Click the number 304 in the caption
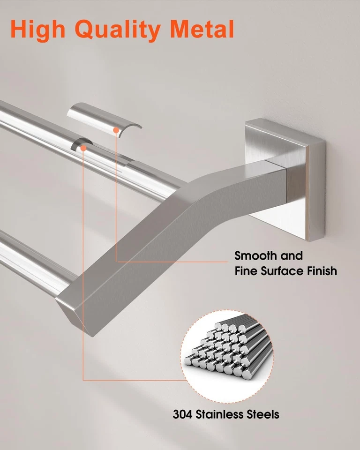pyautogui.click(x=183, y=414)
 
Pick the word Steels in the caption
pyautogui.click(x=263, y=414)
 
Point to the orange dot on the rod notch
pyautogui.click(x=83, y=148)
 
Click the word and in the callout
pyautogui.click(x=292, y=256)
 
